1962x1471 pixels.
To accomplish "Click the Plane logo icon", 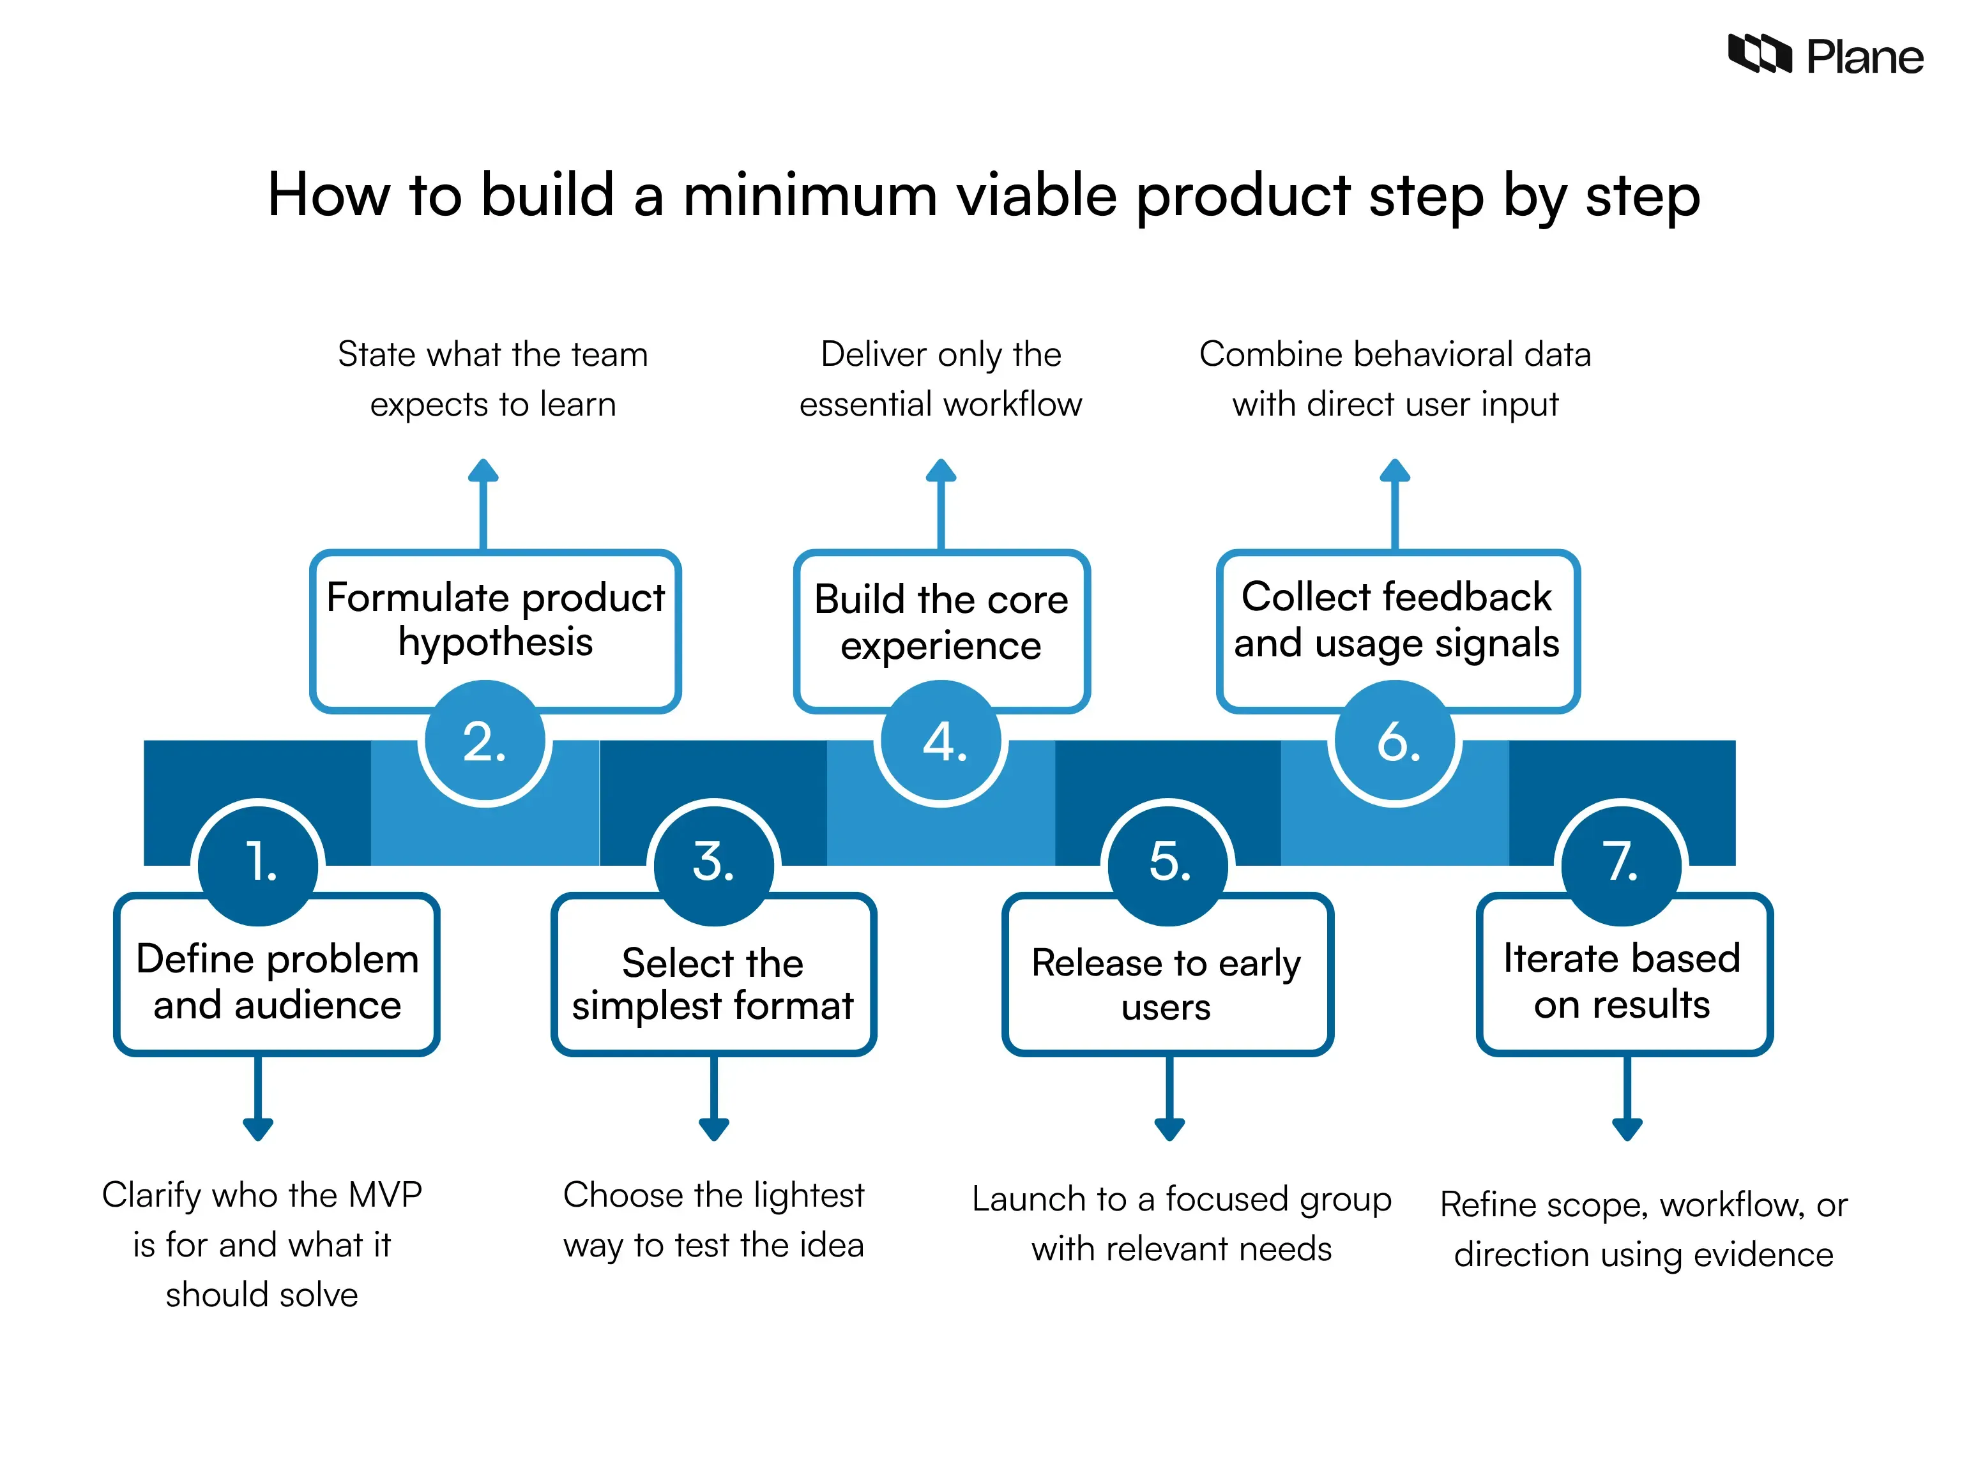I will (x=1759, y=54).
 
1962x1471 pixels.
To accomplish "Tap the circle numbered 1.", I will (x=258, y=863).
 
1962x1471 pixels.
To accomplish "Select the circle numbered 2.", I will (x=484, y=742).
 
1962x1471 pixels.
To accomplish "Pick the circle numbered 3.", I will (x=714, y=863).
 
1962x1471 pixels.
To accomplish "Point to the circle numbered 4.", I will (x=941, y=742).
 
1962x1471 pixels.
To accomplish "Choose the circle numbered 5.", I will (x=1168, y=863).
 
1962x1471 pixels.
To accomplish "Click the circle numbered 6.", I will (x=1395, y=742).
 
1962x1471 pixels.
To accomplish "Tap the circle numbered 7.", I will (x=1622, y=863).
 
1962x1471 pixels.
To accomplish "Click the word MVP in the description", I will (x=385, y=1195).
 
